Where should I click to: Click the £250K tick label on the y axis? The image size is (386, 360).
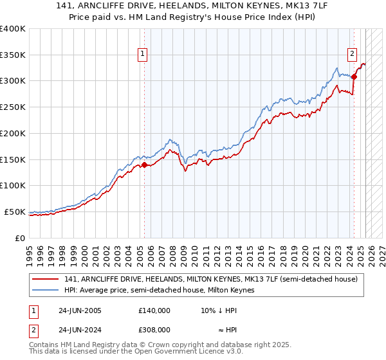click(x=12, y=107)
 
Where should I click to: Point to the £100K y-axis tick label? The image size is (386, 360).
click(x=12, y=185)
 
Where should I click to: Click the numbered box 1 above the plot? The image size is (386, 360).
click(x=142, y=55)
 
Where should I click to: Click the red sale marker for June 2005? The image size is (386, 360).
click(x=144, y=165)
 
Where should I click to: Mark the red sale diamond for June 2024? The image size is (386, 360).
click(x=354, y=76)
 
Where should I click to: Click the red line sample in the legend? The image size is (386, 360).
click(x=45, y=278)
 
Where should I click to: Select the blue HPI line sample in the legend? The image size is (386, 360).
click(x=45, y=290)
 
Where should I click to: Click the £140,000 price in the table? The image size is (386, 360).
click(x=154, y=310)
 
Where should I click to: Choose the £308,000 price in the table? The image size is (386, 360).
click(x=154, y=329)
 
